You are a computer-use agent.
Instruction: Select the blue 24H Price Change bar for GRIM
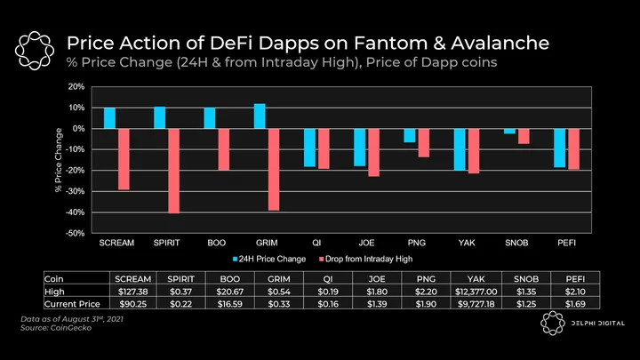coord(260,116)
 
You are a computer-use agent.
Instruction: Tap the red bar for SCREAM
coord(123,159)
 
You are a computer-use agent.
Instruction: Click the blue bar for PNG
coord(410,135)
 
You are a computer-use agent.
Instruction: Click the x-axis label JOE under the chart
coord(366,243)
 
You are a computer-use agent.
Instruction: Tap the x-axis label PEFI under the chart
coord(566,243)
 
